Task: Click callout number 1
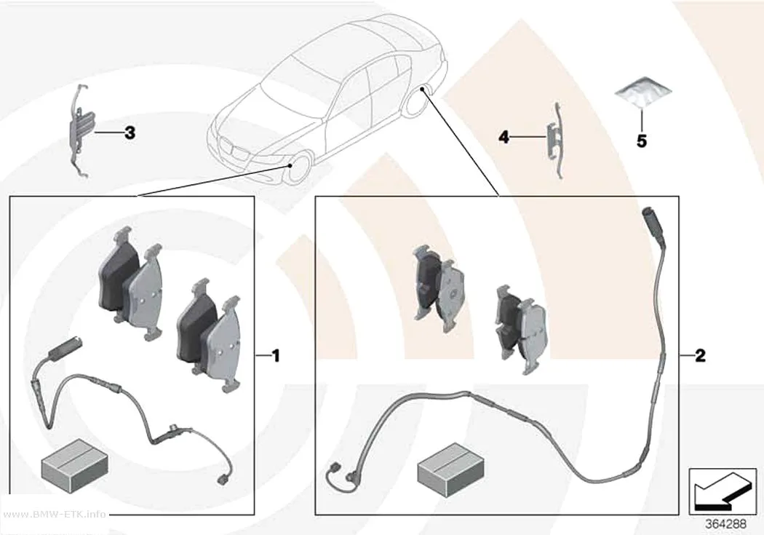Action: pos(276,356)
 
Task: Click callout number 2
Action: pos(700,356)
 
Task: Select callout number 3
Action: pos(130,132)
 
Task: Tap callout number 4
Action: pos(504,137)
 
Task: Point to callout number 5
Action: pos(642,141)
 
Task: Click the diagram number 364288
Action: pos(726,524)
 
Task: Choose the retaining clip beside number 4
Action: pos(555,140)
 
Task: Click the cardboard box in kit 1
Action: pos(74,465)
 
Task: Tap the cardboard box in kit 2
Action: pos(451,470)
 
